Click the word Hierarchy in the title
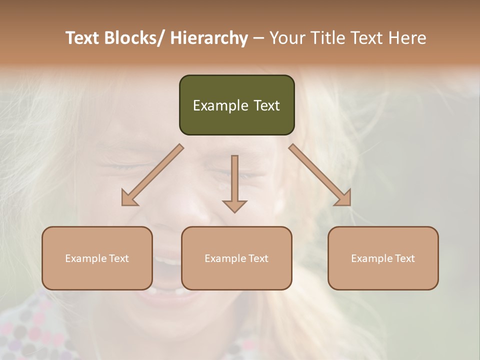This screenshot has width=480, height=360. click(209, 38)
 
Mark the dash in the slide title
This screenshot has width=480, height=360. click(258, 38)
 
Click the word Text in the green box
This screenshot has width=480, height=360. click(266, 105)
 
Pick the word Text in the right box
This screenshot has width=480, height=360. click(404, 258)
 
